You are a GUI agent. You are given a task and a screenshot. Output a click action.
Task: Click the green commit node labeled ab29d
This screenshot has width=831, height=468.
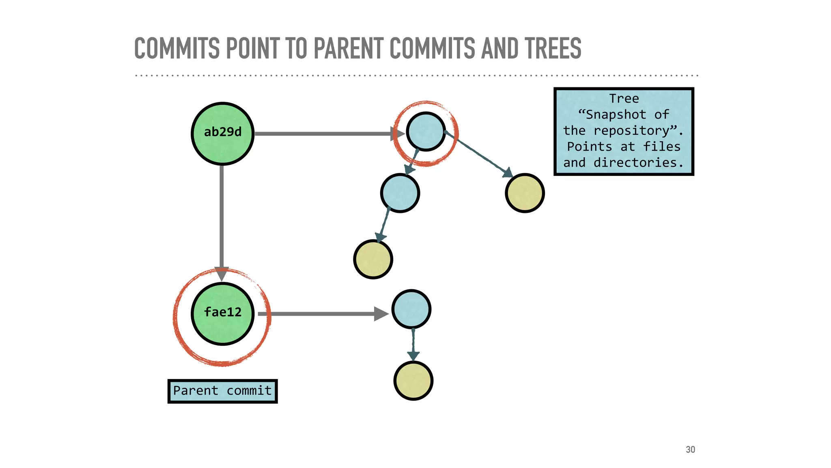222,133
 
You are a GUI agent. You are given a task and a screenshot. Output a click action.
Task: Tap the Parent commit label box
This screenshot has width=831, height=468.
222,391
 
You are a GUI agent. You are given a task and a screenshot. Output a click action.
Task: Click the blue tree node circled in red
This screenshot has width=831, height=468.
426,132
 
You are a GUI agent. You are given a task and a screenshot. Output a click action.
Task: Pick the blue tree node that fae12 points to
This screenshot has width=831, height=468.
411,309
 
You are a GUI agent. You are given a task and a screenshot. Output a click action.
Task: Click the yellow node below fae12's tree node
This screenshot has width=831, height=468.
413,381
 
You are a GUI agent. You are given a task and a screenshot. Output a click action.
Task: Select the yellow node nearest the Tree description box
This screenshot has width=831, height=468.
525,193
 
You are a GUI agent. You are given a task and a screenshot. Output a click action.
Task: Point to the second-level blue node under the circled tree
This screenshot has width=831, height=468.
400,193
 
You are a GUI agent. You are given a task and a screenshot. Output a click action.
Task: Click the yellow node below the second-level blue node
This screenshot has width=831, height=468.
373,259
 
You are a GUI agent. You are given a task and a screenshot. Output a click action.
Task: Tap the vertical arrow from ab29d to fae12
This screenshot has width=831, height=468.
222,219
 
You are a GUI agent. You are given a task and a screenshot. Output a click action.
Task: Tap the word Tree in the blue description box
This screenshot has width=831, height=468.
624,99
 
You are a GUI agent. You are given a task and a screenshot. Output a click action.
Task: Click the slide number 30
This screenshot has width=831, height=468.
690,449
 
